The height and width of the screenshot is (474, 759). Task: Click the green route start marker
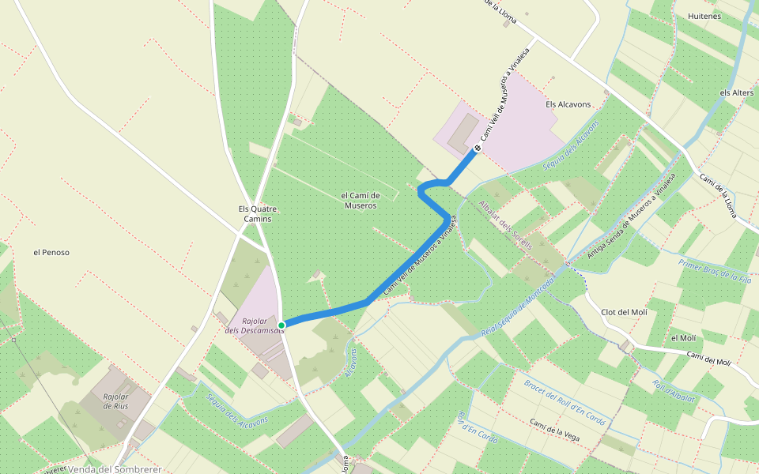pyautogui.click(x=281, y=325)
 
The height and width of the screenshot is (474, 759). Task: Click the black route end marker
pyautogui.click(x=478, y=148)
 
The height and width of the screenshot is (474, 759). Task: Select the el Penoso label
pyautogui.click(x=51, y=253)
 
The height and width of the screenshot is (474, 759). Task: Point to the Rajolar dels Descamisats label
pyautogui.click(x=254, y=325)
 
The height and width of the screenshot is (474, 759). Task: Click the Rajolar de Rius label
pyautogui.click(x=115, y=401)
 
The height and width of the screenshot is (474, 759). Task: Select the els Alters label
pyautogui.click(x=736, y=92)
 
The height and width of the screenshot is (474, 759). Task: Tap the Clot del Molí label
pyautogui.click(x=624, y=312)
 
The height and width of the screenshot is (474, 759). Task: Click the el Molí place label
pyautogui.click(x=683, y=338)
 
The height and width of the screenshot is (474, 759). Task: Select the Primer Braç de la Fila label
pyautogui.click(x=715, y=269)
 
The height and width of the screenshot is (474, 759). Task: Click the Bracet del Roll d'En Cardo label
pyautogui.click(x=565, y=402)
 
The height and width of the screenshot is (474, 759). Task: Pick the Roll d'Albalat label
pyautogui.click(x=674, y=391)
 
